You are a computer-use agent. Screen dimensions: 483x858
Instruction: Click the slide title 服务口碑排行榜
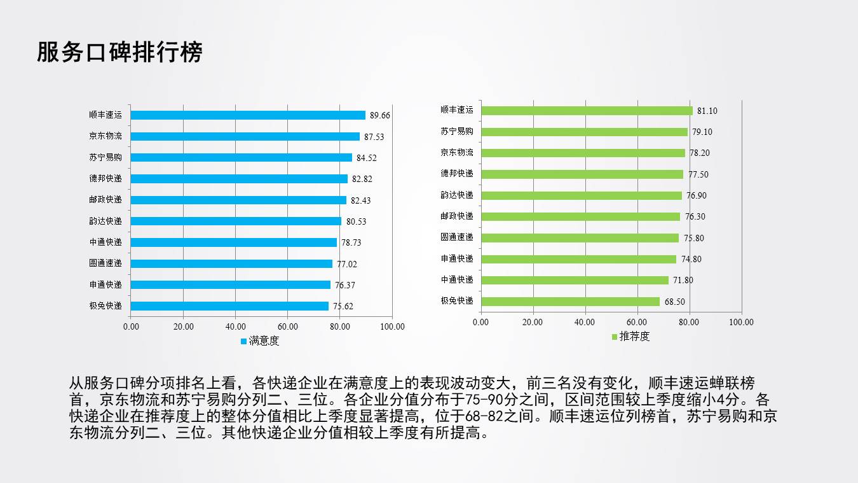click(x=119, y=53)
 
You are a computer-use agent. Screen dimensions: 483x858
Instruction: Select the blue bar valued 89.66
click(x=248, y=115)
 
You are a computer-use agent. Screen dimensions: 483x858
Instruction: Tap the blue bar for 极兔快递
click(x=229, y=306)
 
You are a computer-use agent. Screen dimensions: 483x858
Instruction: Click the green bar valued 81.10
click(x=587, y=111)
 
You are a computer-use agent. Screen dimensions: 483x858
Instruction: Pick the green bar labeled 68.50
click(x=570, y=302)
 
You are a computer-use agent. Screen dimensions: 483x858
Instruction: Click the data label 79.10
click(x=702, y=132)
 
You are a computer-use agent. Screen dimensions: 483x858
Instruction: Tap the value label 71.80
click(x=683, y=281)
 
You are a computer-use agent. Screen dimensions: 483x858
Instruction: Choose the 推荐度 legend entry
click(x=634, y=337)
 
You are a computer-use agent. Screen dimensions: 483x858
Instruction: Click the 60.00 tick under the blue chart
click(x=288, y=327)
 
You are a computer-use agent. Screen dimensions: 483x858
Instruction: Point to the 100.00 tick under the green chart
click(x=741, y=323)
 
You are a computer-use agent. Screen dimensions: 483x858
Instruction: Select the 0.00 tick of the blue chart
click(x=131, y=327)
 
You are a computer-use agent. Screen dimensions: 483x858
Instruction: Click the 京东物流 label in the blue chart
click(x=106, y=136)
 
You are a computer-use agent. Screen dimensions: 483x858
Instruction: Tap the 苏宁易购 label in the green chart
click(x=457, y=132)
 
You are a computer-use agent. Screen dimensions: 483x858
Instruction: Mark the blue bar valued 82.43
click(x=238, y=200)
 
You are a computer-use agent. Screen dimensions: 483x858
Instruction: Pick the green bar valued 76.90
click(x=581, y=195)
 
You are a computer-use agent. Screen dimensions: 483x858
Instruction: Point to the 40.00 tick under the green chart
click(x=585, y=323)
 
